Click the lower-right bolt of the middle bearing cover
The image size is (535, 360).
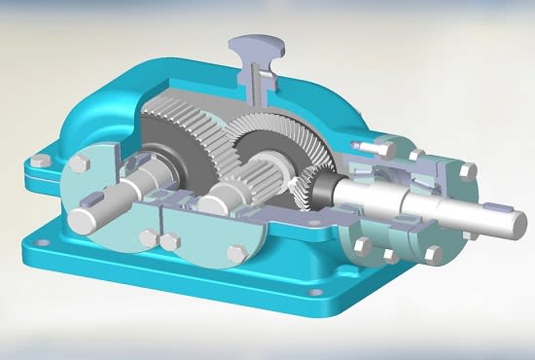click(234, 254)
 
